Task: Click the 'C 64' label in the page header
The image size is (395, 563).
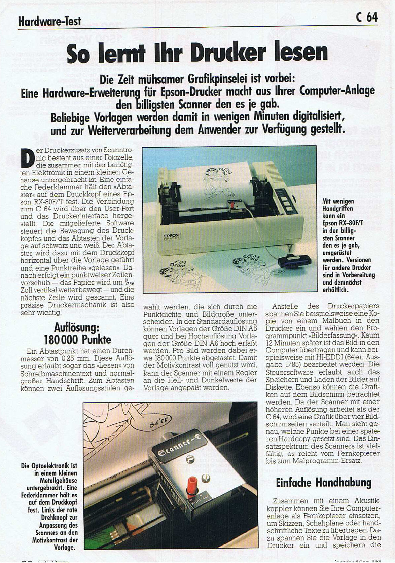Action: (367, 17)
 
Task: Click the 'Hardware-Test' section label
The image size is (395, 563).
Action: (49, 22)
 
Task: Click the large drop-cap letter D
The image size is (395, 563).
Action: (28, 158)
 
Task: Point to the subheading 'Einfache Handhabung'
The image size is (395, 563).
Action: (323, 483)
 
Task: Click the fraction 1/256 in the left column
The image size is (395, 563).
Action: (129, 283)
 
